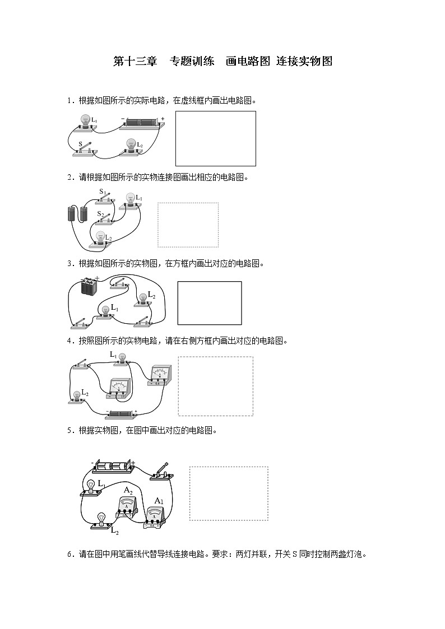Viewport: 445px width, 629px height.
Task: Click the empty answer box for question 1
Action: [216, 138]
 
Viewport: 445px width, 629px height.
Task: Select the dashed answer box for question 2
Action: [188, 225]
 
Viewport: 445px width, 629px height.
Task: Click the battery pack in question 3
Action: [89, 286]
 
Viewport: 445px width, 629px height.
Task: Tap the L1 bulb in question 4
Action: [122, 358]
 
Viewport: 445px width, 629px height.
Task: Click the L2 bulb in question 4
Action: [77, 395]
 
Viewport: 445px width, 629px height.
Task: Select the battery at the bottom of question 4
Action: [122, 414]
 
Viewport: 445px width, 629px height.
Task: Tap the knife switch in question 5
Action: [162, 472]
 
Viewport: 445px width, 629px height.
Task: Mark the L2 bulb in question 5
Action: [101, 521]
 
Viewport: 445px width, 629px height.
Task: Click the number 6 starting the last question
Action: [69, 555]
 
